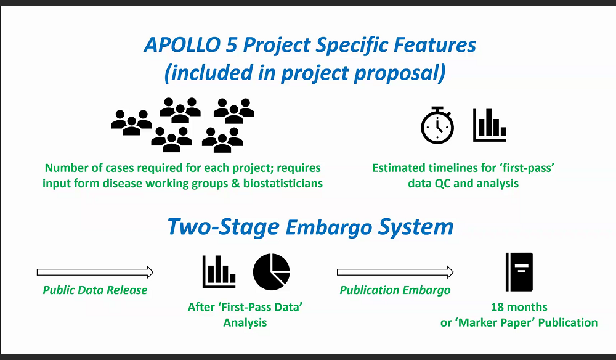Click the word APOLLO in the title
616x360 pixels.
(x=182, y=45)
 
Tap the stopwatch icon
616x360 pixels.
(x=437, y=125)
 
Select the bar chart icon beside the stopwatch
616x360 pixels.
(x=490, y=125)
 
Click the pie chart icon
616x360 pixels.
(x=272, y=272)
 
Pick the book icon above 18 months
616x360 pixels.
(x=519, y=272)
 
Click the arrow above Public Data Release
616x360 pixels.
(x=95, y=272)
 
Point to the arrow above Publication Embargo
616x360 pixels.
(x=395, y=272)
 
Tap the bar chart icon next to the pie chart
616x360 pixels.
(x=219, y=272)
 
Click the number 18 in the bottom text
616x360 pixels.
(x=497, y=307)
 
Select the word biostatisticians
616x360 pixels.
(x=283, y=184)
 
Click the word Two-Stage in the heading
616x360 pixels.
(x=223, y=227)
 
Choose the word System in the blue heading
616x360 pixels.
(x=416, y=227)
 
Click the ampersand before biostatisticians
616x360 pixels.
(x=235, y=184)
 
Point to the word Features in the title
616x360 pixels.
(x=435, y=45)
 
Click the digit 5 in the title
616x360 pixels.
(x=232, y=45)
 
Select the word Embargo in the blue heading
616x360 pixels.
(x=328, y=228)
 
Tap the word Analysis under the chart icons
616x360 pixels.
(x=245, y=322)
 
